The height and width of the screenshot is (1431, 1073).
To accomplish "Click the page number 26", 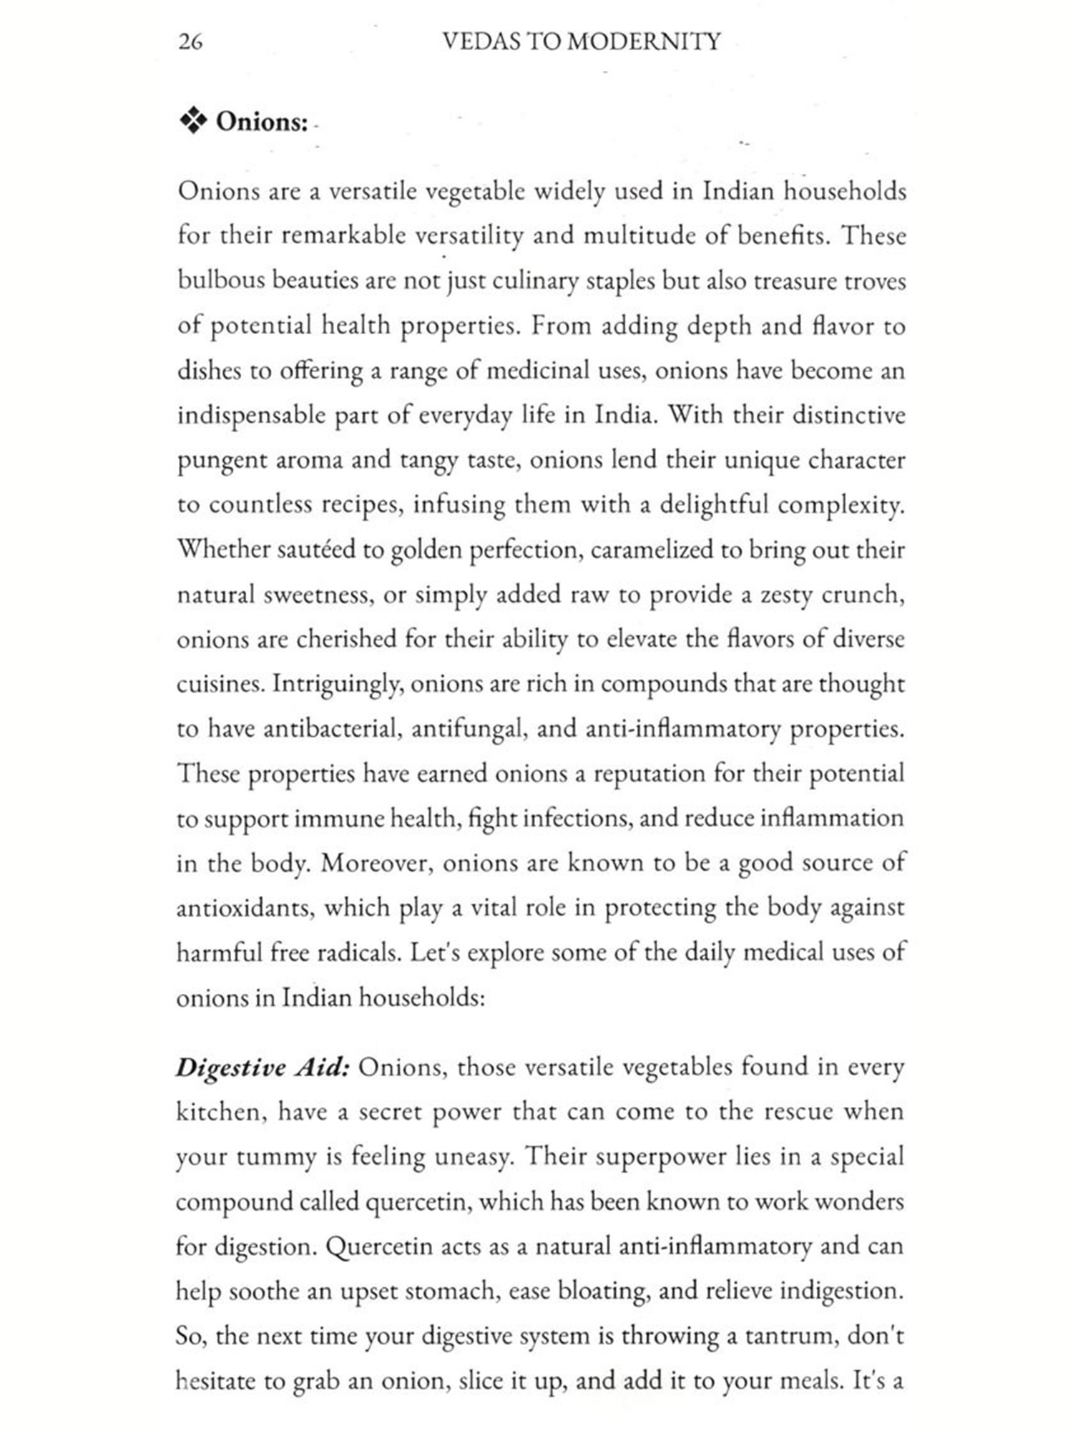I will (190, 42).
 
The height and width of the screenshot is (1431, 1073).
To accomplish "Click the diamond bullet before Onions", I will (192, 122).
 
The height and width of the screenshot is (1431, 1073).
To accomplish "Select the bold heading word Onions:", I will (262, 122).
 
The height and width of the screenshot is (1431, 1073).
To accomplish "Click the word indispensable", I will (251, 416).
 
